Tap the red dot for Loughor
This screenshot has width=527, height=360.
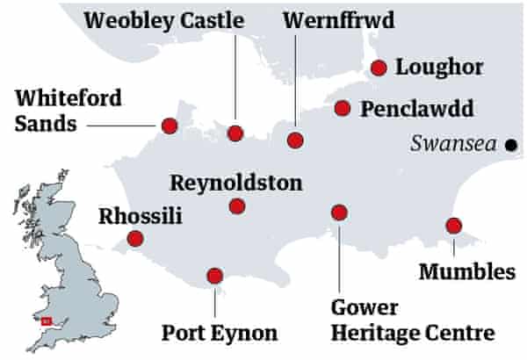(x=379, y=68)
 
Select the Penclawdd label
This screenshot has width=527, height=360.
(x=416, y=110)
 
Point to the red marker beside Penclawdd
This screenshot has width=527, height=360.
(x=343, y=108)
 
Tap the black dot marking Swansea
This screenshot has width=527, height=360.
(x=509, y=146)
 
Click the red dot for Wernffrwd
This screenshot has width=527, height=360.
(x=296, y=140)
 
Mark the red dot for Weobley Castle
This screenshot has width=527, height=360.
(x=235, y=133)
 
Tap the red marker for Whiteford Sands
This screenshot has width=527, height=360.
(x=170, y=125)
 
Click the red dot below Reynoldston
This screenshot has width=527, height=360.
(x=235, y=206)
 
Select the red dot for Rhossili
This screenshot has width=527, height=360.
(x=134, y=238)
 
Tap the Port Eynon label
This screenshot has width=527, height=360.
(x=220, y=333)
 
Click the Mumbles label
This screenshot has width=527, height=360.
(x=466, y=271)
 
